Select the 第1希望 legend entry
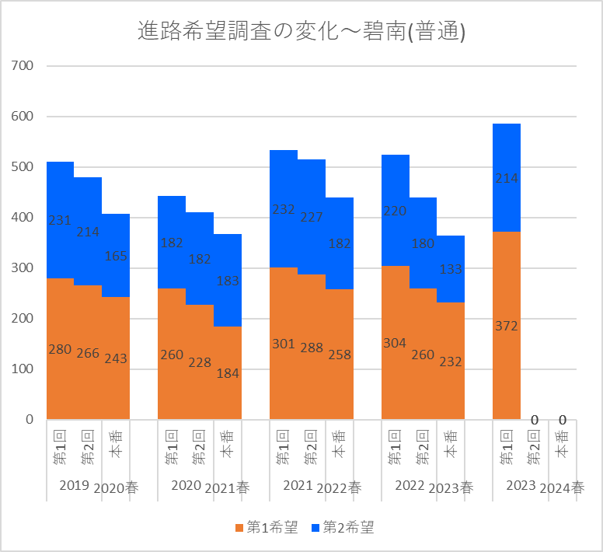(x=266, y=528)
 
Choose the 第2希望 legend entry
(x=341, y=528)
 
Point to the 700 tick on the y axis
(x=23, y=66)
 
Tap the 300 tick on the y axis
(x=23, y=268)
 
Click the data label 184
(x=228, y=372)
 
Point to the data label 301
(x=284, y=344)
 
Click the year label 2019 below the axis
(x=74, y=486)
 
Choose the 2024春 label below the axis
(x=562, y=488)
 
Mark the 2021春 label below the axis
(x=228, y=488)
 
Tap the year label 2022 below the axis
(x=410, y=486)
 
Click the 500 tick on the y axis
(x=23, y=167)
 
